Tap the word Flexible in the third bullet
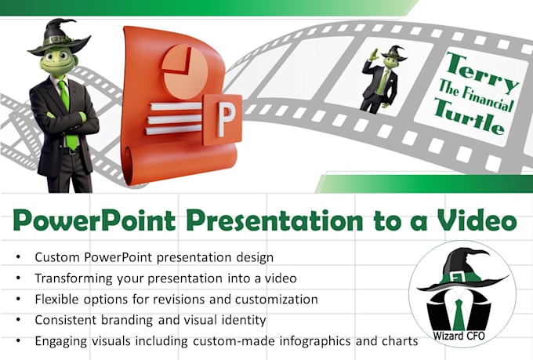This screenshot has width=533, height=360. pyautogui.click(x=57, y=299)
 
